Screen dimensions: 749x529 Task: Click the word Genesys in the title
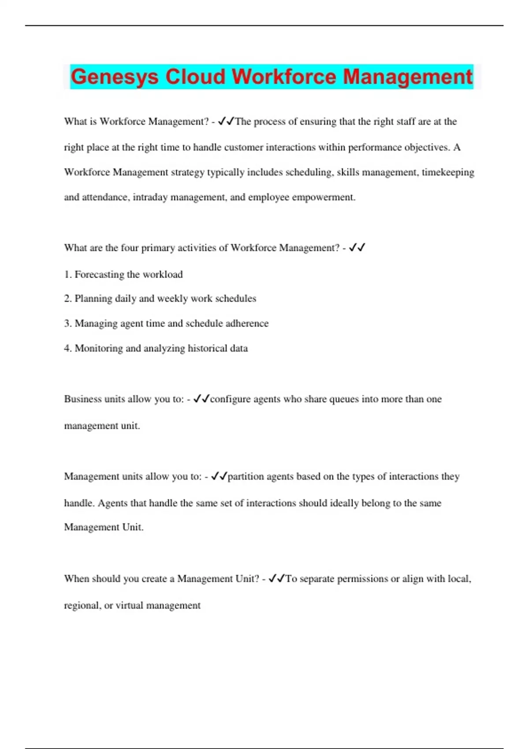114,77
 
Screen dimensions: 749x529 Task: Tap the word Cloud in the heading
195,77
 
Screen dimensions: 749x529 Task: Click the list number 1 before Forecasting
67,274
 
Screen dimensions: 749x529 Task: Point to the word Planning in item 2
93,299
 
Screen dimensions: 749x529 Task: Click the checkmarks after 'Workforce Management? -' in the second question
357,248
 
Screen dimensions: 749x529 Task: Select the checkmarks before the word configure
201,399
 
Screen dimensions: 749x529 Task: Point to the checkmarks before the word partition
219,476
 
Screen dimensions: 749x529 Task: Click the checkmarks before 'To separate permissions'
277,578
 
